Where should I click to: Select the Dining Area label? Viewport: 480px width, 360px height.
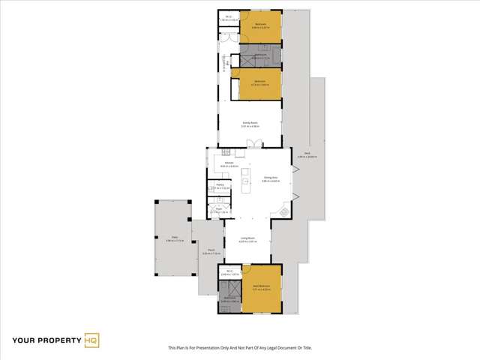[x=271, y=179]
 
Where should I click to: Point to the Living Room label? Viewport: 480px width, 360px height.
[x=248, y=240]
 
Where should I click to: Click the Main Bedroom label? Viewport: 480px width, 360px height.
[x=260, y=287]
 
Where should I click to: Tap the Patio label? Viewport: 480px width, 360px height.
[x=173, y=239]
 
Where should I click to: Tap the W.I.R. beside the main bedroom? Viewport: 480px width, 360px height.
[x=229, y=274]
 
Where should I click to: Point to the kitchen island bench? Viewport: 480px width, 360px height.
[x=247, y=181]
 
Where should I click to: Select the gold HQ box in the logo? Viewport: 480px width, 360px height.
[x=91, y=341]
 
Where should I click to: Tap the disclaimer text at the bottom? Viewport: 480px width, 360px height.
[x=240, y=348]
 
